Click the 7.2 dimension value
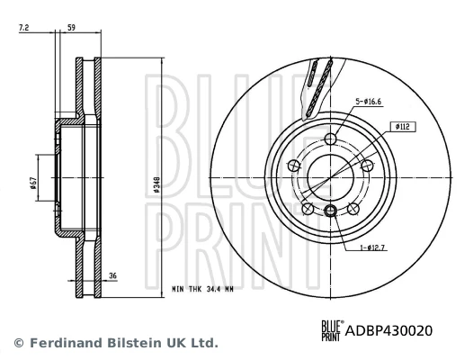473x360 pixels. click(x=24, y=30)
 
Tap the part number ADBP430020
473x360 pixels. click(x=389, y=330)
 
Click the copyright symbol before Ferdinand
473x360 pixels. click(x=18, y=343)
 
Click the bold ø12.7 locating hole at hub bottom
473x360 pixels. click(x=330, y=211)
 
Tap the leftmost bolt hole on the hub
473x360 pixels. click(x=294, y=165)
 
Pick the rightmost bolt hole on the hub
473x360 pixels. click(x=366, y=166)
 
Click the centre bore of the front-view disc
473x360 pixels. click(x=330, y=177)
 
